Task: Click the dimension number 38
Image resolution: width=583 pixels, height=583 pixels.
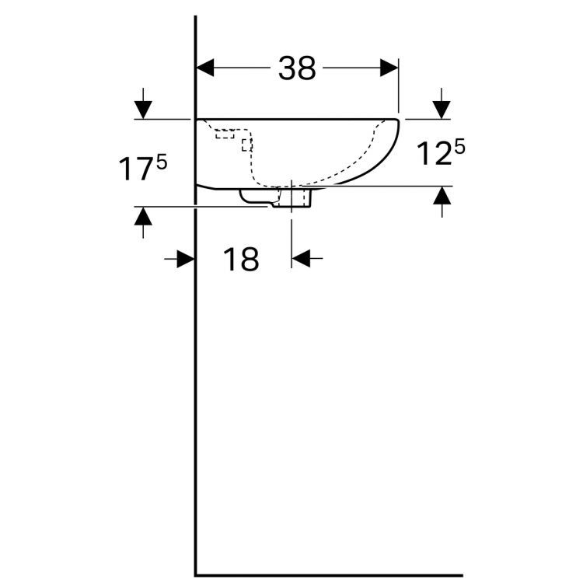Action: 297,68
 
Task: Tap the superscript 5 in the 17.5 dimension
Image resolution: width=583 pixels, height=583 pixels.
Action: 162,162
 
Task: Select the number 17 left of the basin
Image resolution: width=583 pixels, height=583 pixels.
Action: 137,169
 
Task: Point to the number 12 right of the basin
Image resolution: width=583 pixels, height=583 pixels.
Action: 434,154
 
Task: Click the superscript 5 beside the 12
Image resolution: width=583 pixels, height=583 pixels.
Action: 459,148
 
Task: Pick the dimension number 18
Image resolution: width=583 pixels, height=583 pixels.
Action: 240,259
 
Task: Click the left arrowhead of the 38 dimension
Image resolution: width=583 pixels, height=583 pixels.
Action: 205,68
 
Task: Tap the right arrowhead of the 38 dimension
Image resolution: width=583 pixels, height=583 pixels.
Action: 389,68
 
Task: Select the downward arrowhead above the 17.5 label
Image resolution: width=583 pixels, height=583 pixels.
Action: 143,110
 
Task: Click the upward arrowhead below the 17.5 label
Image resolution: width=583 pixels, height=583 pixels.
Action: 143,216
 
